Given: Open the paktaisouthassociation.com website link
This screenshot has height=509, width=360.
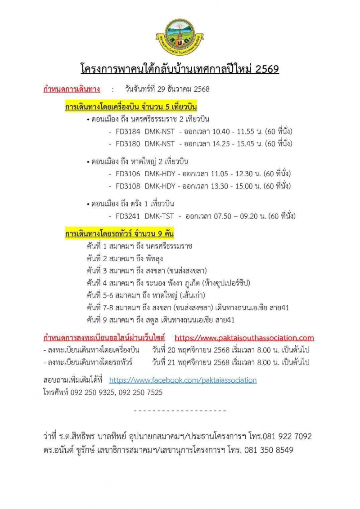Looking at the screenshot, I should click(x=244, y=338).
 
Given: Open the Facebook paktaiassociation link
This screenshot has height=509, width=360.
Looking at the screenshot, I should click(x=183, y=380).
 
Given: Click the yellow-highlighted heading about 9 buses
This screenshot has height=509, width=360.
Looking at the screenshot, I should click(x=119, y=234).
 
